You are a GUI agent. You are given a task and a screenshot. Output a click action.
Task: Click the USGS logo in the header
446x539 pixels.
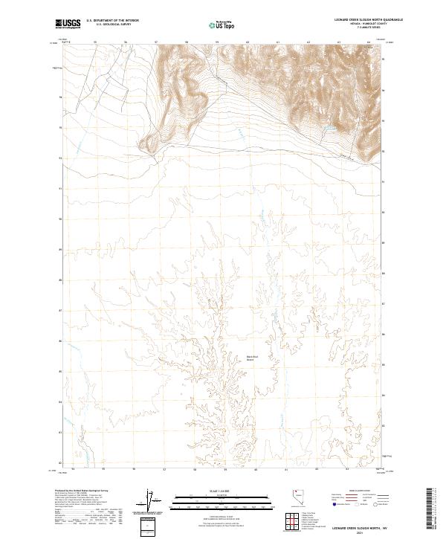(x=68, y=24)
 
